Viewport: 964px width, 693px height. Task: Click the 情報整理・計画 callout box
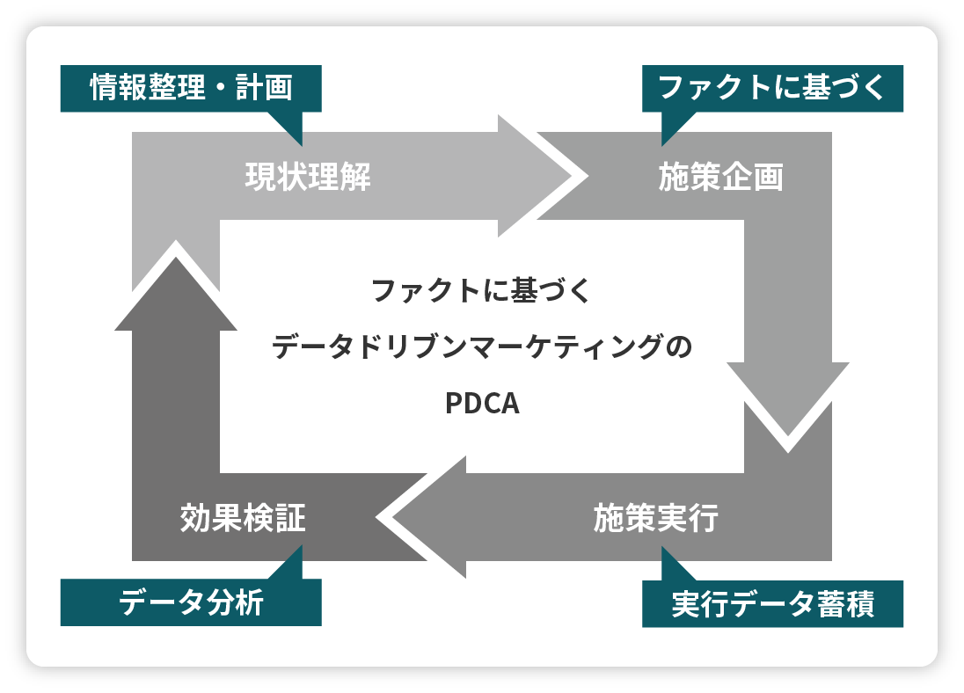(x=191, y=88)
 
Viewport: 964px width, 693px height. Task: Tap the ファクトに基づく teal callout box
(x=772, y=88)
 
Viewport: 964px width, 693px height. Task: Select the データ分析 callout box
(x=191, y=602)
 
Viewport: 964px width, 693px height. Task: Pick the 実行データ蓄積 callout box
(x=772, y=604)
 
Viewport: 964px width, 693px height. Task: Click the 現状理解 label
(x=308, y=178)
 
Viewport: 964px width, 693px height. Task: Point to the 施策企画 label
(x=720, y=178)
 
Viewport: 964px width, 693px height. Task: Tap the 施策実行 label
(x=655, y=518)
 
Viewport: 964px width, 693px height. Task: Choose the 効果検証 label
(x=243, y=518)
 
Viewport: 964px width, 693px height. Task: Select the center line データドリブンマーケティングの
(x=482, y=347)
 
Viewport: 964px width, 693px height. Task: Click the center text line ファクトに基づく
(x=482, y=291)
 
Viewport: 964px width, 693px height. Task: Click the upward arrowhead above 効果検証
(x=176, y=290)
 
